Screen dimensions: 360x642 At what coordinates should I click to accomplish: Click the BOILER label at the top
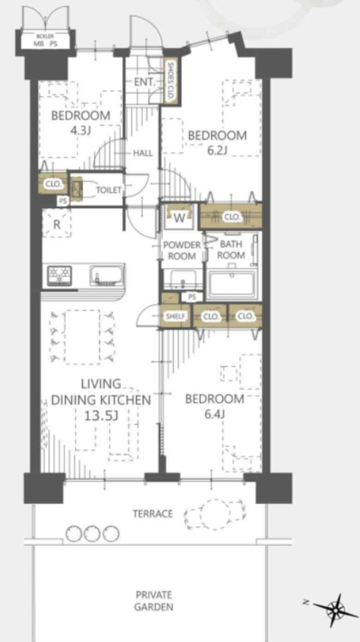point(45,37)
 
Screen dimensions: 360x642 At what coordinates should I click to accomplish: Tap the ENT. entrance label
point(144,82)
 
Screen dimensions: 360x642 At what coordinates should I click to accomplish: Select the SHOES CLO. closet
point(170,81)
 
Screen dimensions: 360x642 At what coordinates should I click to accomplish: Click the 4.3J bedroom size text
point(81,131)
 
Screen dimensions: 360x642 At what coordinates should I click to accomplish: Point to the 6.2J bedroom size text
point(217,150)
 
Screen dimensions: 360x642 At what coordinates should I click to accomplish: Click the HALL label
point(143,153)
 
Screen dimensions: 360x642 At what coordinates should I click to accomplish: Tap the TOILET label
point(109,190)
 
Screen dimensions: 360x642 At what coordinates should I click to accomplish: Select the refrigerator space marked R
point(57,223)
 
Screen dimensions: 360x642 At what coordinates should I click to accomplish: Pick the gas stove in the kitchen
point(60,276)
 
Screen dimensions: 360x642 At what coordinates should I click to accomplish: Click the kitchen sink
point(107,276)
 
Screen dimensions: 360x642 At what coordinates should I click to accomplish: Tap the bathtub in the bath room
point(232,284)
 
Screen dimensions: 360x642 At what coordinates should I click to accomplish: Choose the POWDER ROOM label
point(182,250)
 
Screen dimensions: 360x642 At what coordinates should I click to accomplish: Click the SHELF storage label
point(175,316)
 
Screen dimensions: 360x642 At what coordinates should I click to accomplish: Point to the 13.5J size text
point(101,416)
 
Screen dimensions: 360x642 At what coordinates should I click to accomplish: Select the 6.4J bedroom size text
point(215,414)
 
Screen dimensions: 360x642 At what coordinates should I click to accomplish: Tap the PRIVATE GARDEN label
point(153,601)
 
